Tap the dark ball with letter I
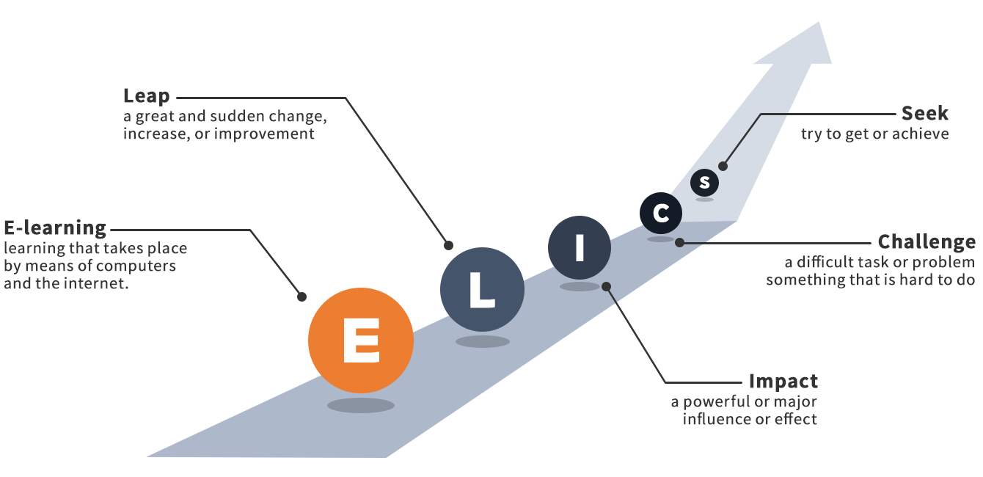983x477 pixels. pos(580,248)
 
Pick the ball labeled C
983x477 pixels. pos(661,214)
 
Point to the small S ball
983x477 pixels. pos(704,182)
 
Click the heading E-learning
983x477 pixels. pos(55,227)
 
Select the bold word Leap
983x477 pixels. pos(147,96)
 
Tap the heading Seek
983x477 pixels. pos(925,114)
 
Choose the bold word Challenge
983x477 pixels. pos(927,241)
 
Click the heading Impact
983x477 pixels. pos(783,382)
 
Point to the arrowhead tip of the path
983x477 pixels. pos(819,23)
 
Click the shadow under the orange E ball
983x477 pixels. pos(361,405)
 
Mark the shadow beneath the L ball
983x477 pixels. pos(482,341)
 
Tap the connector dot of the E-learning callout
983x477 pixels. pos(302,296)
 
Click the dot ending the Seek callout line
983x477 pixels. pos(723,166)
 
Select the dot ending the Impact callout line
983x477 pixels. pos(606,287)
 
